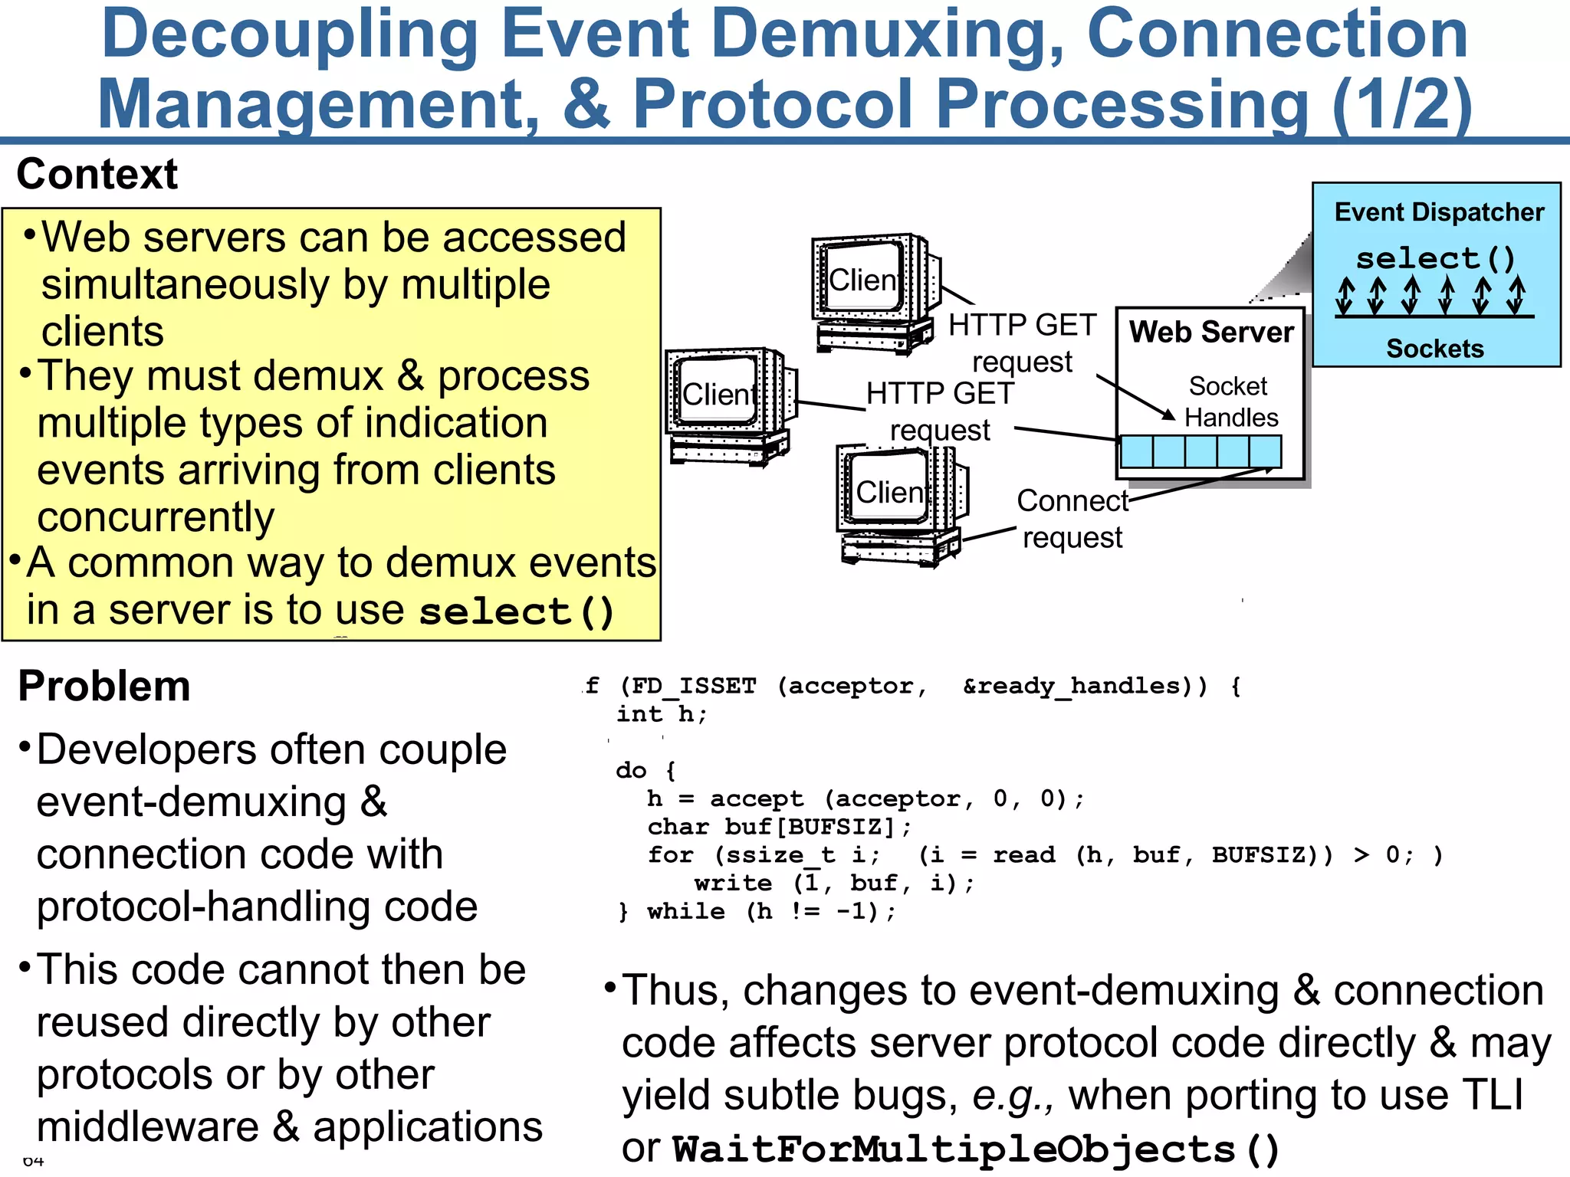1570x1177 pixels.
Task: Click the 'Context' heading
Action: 97,174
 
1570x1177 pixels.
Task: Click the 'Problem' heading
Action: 104,686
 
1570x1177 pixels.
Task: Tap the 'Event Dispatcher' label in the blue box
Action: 1439,212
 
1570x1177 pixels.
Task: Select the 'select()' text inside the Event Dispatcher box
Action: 1436,258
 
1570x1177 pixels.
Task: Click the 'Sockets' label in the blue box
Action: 1435,349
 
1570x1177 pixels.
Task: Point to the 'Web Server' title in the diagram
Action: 1211,333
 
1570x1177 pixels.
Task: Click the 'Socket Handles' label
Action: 1230,402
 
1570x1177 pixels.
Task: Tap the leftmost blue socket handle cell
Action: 1136,452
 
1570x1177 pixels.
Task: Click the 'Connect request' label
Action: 1072,519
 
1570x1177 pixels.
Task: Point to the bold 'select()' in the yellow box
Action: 517,611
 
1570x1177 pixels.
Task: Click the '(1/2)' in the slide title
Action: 1401,104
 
